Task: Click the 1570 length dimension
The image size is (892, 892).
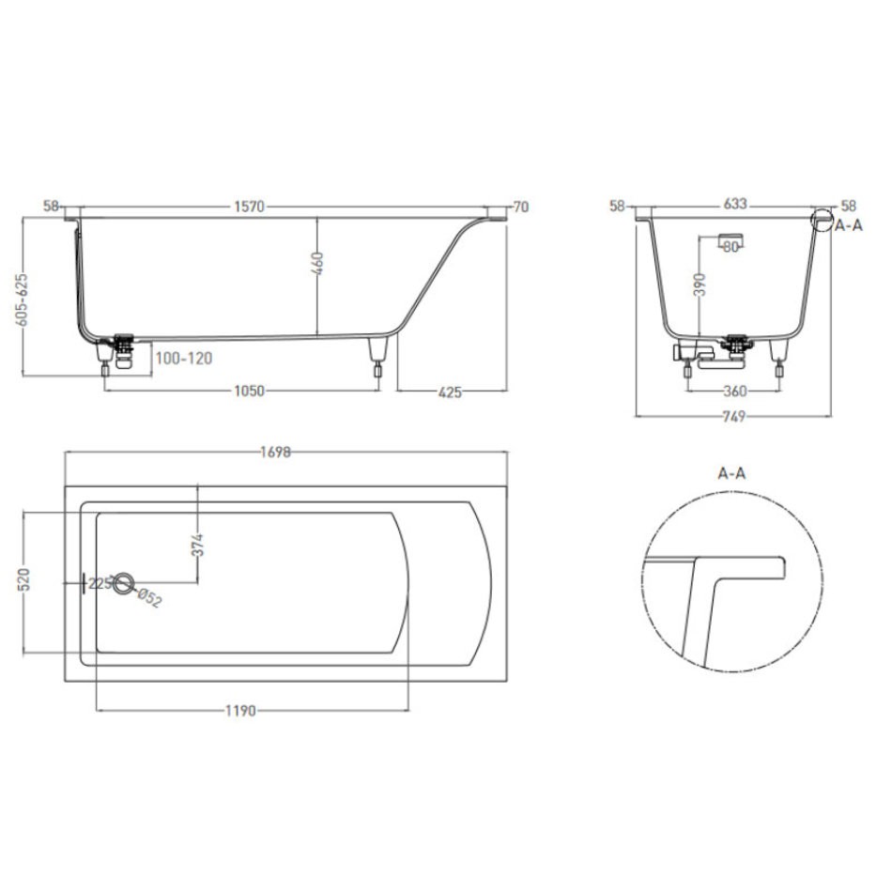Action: tap(250, 207)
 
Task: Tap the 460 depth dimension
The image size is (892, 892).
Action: tap(318, 264)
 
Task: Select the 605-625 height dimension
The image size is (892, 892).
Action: tap(23, 300)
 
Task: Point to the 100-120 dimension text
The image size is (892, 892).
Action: tap(184, 359)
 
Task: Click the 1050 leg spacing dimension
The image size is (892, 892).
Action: tap(250, 391)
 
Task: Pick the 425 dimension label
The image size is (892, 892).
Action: tap(450, 392)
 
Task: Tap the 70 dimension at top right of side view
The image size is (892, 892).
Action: tap(521, 208)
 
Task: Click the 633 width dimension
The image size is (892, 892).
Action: tap(735, 204)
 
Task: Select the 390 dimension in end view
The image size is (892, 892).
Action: tap(700, 285)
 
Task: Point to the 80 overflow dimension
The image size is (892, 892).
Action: tap(731, 247)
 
